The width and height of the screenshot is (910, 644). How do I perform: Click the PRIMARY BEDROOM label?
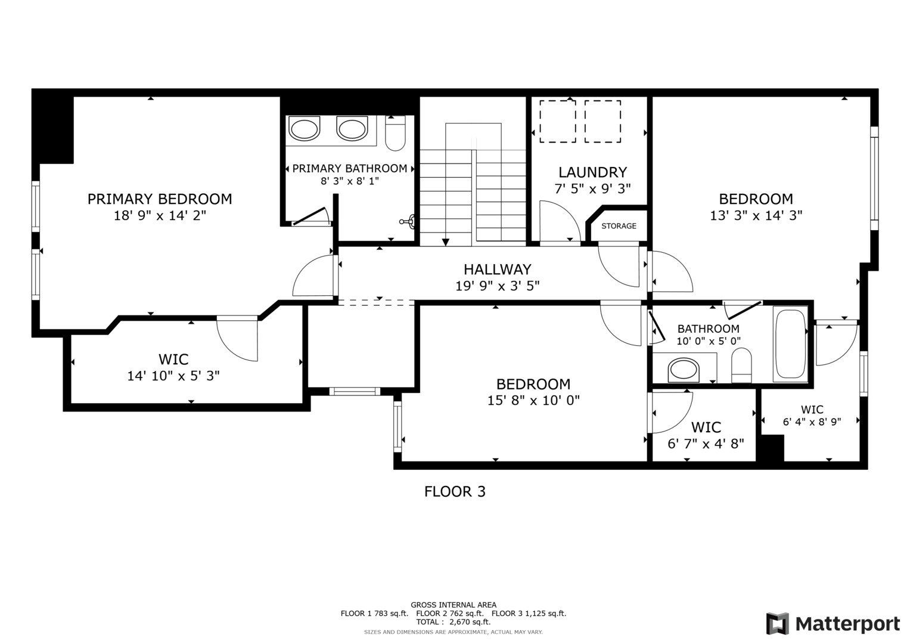160,199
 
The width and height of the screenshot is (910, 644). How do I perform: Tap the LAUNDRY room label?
592,172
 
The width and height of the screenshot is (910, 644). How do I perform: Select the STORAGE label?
619,226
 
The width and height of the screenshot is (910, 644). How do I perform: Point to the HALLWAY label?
497,269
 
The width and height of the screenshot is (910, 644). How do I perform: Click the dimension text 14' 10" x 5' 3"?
173,376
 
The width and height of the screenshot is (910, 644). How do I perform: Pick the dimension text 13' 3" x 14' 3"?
756,215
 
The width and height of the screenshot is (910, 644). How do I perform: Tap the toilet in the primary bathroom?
395,133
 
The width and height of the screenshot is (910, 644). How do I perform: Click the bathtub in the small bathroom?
790,345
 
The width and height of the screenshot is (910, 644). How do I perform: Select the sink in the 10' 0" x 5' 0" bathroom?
684,370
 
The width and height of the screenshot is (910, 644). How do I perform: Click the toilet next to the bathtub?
741,365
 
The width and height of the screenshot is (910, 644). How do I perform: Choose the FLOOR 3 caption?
455,491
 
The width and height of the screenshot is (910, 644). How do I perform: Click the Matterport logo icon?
777,624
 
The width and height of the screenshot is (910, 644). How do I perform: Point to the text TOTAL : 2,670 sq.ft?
454,622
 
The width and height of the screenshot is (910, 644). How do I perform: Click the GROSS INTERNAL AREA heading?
454,605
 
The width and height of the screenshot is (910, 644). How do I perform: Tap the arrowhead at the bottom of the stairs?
446,242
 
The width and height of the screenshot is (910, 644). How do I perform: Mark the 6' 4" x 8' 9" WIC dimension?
812,422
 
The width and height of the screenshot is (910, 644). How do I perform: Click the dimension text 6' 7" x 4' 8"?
706,443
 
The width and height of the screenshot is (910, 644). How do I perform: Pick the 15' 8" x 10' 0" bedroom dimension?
533,401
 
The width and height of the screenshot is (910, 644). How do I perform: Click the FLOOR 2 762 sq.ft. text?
450,614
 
